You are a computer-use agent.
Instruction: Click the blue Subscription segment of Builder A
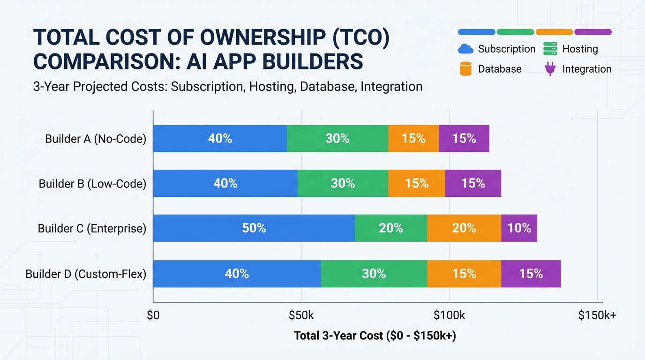tap(220, 139)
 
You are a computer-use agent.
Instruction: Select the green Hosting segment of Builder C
tap(391, 228)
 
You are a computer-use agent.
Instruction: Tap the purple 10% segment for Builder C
tap(519, 228)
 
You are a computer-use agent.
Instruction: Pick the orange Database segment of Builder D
tap(464, 274)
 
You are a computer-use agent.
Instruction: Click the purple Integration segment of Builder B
tap(473, 183)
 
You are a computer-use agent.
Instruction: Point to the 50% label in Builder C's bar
tap(254, 228)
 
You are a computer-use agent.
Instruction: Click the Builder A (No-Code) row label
tap(96, 139)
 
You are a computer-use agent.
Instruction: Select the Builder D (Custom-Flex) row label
tap(86, 274)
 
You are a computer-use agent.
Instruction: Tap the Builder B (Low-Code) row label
tap(92, 184)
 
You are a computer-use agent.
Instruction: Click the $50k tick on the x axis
tap(301, 315)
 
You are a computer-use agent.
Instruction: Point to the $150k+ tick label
tap(597, 315)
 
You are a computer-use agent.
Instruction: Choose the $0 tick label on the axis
tap(153, 315)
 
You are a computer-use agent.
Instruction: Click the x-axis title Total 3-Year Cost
tap(375, 336)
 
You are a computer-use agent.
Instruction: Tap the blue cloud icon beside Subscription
tap(465, 49)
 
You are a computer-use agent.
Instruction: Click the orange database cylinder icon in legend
tap(465, 69)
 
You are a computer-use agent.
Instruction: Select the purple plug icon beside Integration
tap(549, 69)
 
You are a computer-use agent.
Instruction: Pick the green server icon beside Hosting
tap(549, 49)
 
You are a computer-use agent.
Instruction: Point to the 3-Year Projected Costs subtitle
tap(228, 87)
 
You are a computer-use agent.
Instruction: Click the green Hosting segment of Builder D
tap(374, 274)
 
